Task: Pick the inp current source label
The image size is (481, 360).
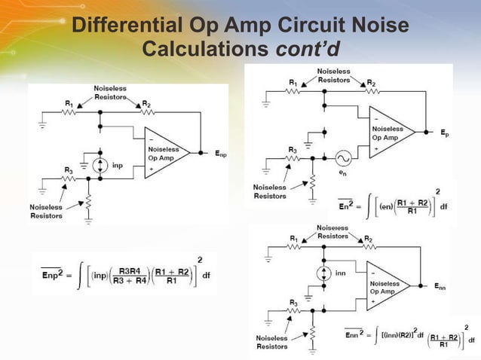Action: pyautogui.click(x=118, y=165)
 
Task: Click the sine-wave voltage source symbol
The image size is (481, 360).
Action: pyautogui.click(x=342, y=157)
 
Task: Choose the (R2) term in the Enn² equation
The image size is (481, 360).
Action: pyautogui.click(x=400, y=333)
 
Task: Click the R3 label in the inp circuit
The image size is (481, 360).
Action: pyautogui.click(x=69, y=169)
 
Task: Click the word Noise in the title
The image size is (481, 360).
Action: pyautogui.click(x=381, y=26)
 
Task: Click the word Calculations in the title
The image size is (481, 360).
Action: pyautogui.click(x=206, y=50)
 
